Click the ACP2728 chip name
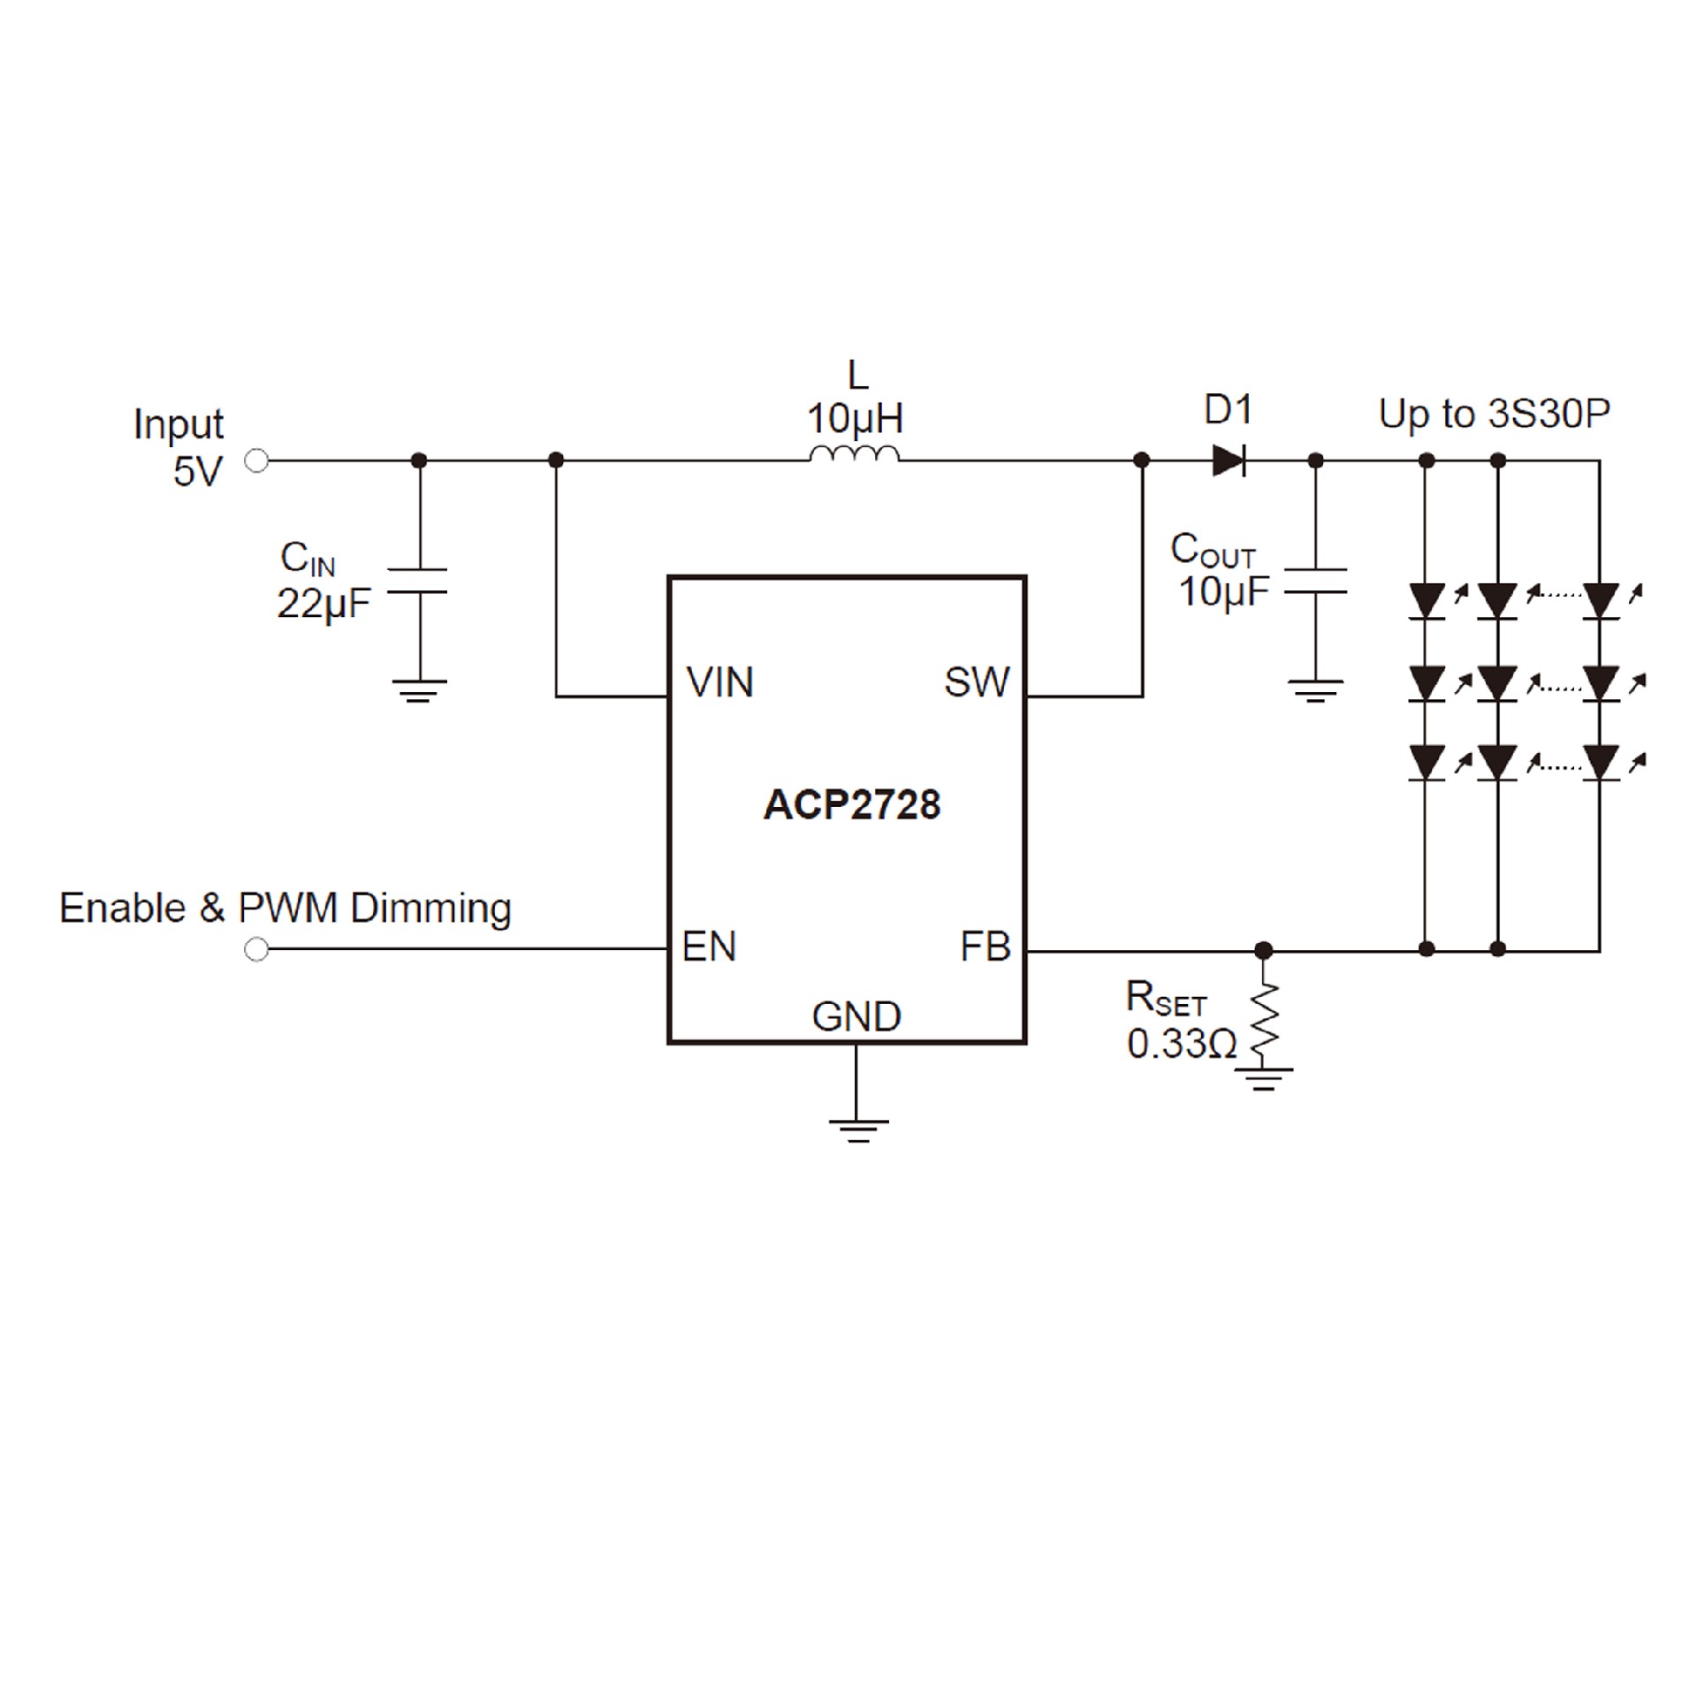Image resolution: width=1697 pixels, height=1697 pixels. [851, 805]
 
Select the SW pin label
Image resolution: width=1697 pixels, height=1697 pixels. [976, 682]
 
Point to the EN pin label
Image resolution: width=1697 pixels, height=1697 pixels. [709, 947]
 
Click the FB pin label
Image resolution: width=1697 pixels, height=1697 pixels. [985, 947]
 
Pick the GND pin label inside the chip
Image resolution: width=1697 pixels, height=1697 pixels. [856, 1017]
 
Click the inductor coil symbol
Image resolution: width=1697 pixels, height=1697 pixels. [854, 454]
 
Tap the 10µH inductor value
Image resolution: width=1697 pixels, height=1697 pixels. [855, 418]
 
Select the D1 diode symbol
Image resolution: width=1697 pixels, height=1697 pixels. [1229, 460]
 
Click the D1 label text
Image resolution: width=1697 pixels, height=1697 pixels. [1229, 410]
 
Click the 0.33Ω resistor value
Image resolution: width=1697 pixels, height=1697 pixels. [1182, 1045]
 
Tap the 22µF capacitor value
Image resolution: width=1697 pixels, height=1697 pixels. [323, 605]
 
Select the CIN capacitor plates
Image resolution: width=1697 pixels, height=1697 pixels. [419, 581]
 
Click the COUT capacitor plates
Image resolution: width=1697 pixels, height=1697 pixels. [1315, 581]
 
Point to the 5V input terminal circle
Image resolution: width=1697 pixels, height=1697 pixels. [256, 460]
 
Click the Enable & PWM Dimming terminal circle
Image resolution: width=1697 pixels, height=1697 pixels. [256, 949]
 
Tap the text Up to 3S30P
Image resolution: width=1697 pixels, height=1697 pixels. [1494, 414]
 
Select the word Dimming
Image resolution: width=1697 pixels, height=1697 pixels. [430, 909]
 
